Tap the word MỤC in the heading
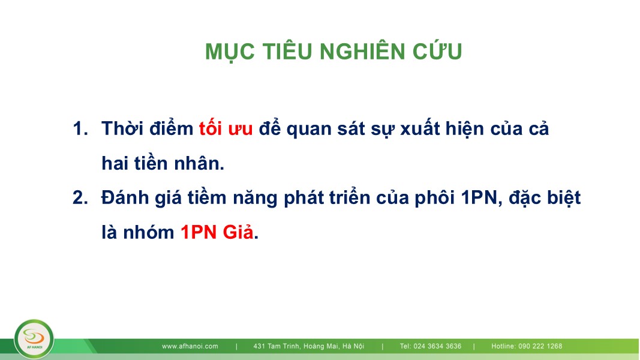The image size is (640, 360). pos(230,52)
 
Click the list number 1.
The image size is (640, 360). pos(80,128)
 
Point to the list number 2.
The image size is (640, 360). pos(80,197)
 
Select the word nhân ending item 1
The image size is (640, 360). pos(199,163)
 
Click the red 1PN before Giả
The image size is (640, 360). pos(199,232)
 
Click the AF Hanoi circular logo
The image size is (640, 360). pos(34,339)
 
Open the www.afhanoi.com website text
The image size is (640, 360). pos(190,346)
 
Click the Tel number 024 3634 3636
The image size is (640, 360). pos(437,346)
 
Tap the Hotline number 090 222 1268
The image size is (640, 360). pos(540,346)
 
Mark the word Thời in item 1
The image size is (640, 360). pos(122,128)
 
